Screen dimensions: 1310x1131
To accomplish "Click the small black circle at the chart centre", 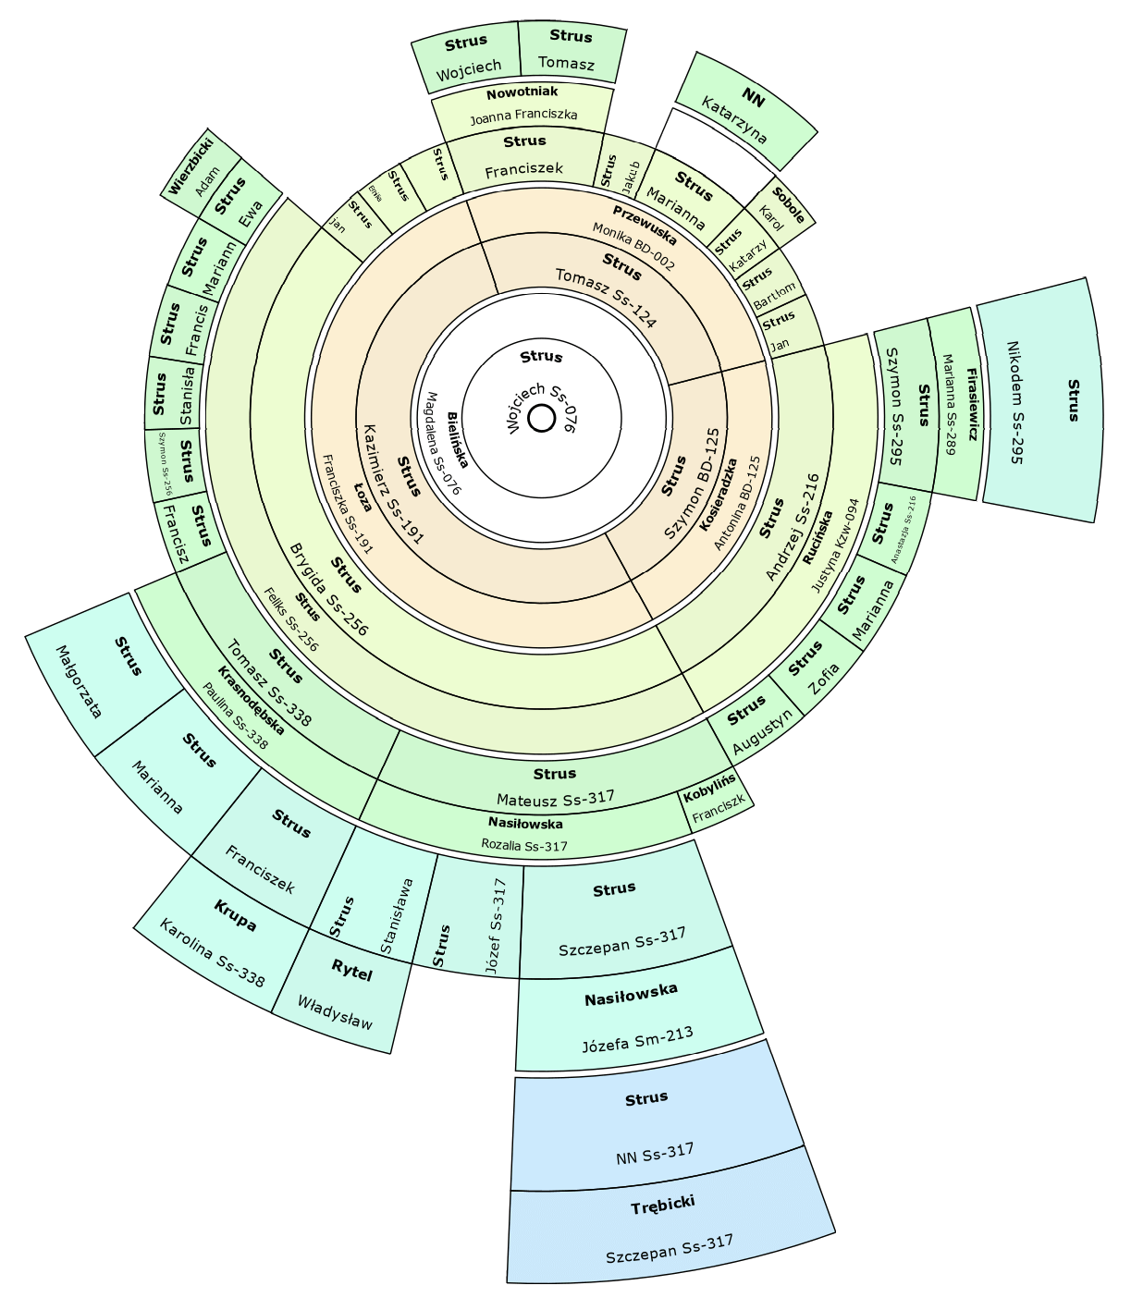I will [x=541, y=419].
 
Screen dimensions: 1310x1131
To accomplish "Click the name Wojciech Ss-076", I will [x=542, y=408].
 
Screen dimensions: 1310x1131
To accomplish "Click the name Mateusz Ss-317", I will [x=555, y=798].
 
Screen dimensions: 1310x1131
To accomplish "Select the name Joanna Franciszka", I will [x=523, y=116].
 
